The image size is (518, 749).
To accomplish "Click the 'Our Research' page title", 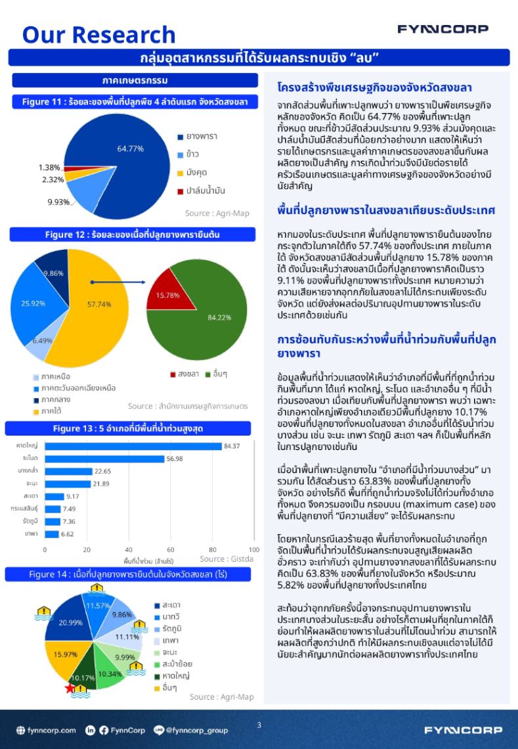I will [98, 34].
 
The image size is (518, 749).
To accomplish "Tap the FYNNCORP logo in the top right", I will [442, 29].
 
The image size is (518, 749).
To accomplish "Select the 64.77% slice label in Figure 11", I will [130, 148].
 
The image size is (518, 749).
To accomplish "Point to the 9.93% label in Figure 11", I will [58, 202].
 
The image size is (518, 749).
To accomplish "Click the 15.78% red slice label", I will [167, 295].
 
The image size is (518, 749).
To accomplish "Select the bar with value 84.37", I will [133, 446].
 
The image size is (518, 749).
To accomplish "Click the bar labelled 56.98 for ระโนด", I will [104, 459].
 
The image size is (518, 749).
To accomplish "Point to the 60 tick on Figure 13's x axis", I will [171, 549].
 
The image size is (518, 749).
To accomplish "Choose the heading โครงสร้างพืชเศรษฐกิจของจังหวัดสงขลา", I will [375, 87].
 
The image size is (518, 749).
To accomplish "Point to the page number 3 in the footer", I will [259, 725].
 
